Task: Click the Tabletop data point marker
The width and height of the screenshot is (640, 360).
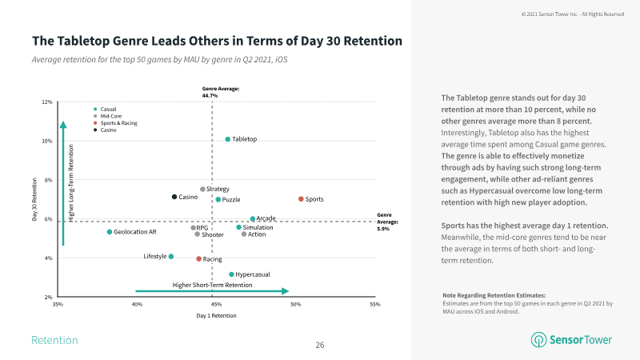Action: click(x=228, y=139)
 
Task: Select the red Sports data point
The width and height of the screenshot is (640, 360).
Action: click(x=301, y=199)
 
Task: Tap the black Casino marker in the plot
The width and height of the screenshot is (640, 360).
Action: click(x=174, y=197)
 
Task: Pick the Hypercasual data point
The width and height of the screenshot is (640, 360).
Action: click(x=231, y=274)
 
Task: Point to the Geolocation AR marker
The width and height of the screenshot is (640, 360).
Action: click(x=110, y=232)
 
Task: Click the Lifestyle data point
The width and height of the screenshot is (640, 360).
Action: click(x=171, y=257)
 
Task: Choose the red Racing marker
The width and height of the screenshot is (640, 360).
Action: click(x=198, y=259)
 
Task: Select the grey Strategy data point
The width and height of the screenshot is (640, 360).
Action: click(x=202, y=190)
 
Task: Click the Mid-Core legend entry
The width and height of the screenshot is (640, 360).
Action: click(x=109, y=116)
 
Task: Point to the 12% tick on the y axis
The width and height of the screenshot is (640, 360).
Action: click(x=47, y=102)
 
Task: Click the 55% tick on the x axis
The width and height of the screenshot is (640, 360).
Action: click(x=375, y=305)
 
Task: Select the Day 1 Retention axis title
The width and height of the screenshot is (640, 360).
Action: click(x=216, y=316)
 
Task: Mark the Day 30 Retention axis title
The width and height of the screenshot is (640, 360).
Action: click(x=34, y=200)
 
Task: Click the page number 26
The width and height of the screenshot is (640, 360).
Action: click(x=320, y=345)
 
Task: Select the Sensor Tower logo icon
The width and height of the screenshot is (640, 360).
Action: click(x=539, y=340)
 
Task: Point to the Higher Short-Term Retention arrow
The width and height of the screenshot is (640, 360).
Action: click(x=212, y=291)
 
